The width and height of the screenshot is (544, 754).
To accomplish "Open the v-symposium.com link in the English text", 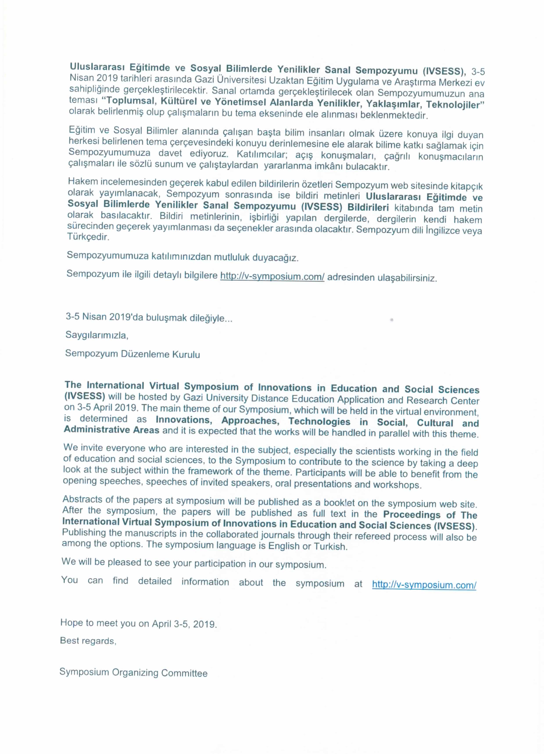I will (x=424, y=585).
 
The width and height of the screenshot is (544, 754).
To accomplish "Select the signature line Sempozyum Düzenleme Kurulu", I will (x=132, y=354).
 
